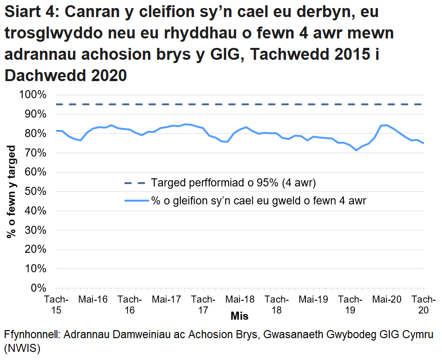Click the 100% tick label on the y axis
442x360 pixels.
tap(33, 95)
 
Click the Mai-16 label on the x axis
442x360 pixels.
tap(93, 299)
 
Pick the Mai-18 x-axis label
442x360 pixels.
tap(240, 299)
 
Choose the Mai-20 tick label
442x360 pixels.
tap(387, 299)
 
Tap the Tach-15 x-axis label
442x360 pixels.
tap(56, 305)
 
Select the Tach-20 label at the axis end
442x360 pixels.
tap(424, 305)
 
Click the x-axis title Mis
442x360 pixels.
tap(239, 315)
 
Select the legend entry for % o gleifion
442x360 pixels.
tap(258, 201)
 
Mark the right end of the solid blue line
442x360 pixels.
tap(424, 143)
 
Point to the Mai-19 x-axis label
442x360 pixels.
tap(313, 299)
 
